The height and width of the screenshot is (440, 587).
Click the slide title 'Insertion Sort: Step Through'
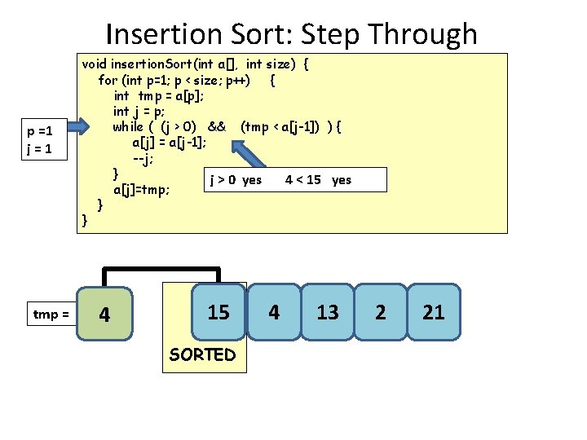291,34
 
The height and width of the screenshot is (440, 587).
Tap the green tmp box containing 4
103,314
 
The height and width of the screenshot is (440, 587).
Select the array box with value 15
218,311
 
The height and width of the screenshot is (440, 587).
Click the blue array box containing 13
328,311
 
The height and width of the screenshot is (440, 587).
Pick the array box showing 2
380,311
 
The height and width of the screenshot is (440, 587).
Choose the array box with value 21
434,311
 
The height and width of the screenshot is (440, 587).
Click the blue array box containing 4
274,311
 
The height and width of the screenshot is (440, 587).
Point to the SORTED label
202,354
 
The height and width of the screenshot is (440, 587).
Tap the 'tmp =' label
51,314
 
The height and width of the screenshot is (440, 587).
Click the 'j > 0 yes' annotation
236,179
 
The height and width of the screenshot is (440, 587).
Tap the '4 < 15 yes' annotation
318,179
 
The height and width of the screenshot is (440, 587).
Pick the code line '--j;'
144,157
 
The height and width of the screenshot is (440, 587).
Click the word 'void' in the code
94,64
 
